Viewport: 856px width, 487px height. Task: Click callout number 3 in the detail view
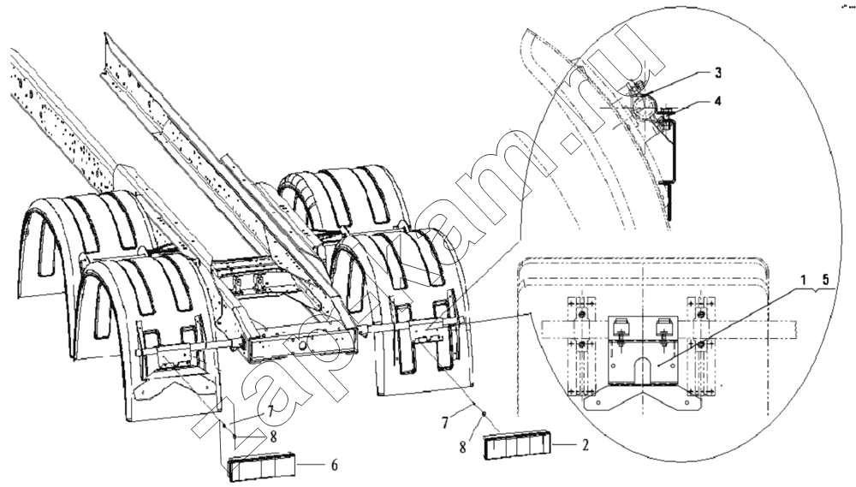pyautogui.click(x=718, y=72)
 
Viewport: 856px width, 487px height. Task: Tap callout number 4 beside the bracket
pyautogui.click(x=718, y=101)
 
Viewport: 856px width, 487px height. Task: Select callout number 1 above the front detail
pyautogui.click(x=803, y=280)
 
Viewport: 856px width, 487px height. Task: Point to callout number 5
pyautogui.click(x=825, y=280)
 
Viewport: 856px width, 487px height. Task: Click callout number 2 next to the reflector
pyautogui.click(x=586, y=445)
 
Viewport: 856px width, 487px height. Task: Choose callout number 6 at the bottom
pyautogui.click(x=334, y=465)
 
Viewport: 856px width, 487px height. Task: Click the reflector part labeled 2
pyautogui.click(x=517, y=444)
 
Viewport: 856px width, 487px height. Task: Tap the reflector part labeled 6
pyautogui.click(x=261, y=468)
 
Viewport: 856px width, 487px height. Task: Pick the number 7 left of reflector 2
pyautogui.click(x=445, y=422)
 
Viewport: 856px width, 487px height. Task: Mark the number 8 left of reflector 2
pyautogui.click(x=463, y=447)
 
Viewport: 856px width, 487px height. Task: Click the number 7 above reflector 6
pyautogui.click(x=271, y=411)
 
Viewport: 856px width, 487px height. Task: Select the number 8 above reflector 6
pyautogui.click(x=273, y=437)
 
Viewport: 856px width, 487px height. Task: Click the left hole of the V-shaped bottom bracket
pyautogui.click(x=598, y=403)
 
